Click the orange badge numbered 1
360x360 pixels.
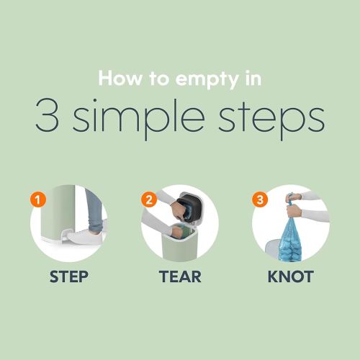click(x=38, y=199)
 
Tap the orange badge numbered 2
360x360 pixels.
click(x=149, y=199)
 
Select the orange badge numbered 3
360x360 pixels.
click(x=260, y=199)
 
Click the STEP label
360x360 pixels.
click(x=69, y=276)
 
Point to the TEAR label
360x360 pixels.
click(x=180, y=276)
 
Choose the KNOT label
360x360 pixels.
click(x=291, y=276)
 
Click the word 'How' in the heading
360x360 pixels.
click(x=120, y=78)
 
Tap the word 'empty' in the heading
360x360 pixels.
click(x=207, y=81)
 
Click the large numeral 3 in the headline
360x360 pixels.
click(x=48, y=115)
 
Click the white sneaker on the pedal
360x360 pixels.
click(x=85, y=236)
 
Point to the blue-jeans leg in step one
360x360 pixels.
click(x=94, y=211)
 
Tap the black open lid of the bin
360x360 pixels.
click(x=190, y=208)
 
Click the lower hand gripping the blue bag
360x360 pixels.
click(x=294, y=211)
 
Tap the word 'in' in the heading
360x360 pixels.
click(x=253, y=78)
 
